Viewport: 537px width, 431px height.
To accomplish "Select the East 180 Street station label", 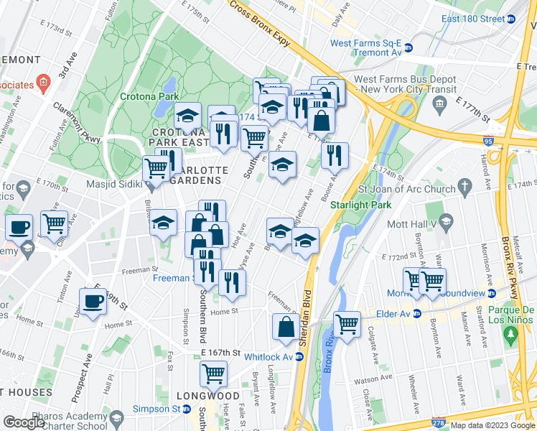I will click(473, 19).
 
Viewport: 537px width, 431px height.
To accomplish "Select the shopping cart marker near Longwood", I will click(213, 373).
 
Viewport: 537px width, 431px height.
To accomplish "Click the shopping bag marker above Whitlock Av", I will click(286, 327).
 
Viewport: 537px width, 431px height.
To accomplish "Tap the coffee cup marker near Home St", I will click(93, 302).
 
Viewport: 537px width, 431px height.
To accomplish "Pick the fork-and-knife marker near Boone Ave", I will click(335, 154).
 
